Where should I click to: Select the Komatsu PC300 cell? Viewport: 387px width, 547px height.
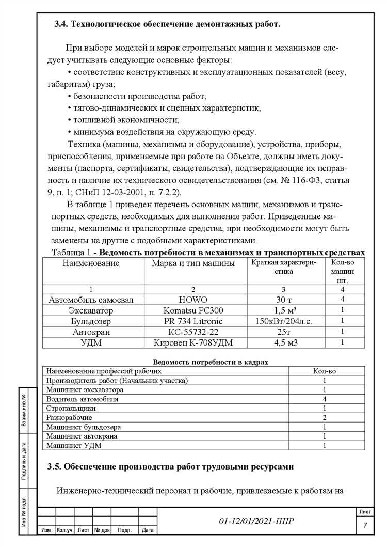(x=192, y=310)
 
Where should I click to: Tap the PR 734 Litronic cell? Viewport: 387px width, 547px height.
(x=192, y=321)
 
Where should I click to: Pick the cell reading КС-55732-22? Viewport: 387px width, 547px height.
(x=192, y=331)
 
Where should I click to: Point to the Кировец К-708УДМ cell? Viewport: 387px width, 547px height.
(x=192, y=341)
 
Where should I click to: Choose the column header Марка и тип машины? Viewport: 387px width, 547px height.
(x=192, y=263)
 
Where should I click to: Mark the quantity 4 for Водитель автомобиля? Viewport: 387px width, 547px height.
(x=325, y=399)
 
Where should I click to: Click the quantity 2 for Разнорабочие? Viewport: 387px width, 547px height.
(x=325, y=417)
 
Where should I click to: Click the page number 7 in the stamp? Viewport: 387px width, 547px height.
(x=365, y=525)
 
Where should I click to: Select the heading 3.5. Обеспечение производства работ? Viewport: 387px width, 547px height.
(x=170, y=467)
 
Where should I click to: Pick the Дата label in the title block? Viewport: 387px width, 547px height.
(x=148, y=530)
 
